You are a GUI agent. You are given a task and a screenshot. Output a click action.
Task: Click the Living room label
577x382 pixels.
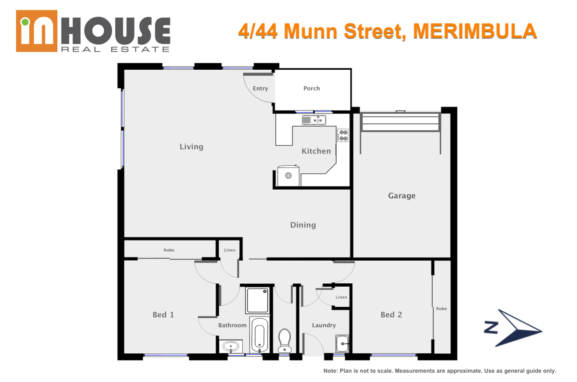point(191,147)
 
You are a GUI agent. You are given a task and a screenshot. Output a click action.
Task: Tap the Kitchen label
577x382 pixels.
point(316,151)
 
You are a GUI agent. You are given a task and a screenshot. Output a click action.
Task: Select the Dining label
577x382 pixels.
point(303,225)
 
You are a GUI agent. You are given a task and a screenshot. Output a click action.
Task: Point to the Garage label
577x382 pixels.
point(402,196)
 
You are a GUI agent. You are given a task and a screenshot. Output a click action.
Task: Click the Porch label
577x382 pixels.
point(311,88)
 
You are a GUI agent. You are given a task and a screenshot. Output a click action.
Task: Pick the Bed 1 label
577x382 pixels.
point(163,315)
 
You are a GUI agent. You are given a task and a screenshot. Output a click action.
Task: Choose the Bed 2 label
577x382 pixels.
point(391,315)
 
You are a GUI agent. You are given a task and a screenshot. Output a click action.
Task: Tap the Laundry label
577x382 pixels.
point(324,325)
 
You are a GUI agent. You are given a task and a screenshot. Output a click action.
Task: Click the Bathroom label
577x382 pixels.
point(232,325)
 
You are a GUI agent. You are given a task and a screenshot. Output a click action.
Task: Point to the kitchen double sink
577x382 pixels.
point(314,120)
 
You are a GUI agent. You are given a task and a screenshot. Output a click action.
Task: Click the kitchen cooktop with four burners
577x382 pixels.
point(343,135)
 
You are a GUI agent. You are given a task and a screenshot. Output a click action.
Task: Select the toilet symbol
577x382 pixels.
point(284,341)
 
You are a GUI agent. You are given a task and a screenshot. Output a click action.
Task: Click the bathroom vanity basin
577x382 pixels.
point(231,346)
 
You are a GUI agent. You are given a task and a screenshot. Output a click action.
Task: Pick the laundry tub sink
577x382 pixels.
point(342,343)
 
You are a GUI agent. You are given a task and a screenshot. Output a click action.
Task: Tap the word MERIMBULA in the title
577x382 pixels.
point(475,31)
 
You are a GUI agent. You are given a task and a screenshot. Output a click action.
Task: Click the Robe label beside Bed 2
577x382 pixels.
point(441,309)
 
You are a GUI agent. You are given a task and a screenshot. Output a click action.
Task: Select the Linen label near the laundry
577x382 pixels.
point(341,297)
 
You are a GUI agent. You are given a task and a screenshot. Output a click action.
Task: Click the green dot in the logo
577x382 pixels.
point(25,22)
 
